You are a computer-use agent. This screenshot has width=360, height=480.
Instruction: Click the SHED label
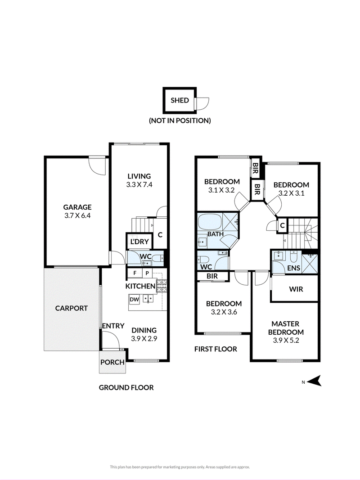tap(180, 100)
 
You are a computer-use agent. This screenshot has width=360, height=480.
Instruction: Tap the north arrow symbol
tap(314, 381)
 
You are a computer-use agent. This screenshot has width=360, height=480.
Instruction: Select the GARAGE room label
tap(77, 207)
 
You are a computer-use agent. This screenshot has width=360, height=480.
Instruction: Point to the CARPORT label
tap(72, 308)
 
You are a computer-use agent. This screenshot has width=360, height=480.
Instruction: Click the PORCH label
tap(112, 362)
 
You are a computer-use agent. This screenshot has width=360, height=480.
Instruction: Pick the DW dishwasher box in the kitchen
tap(135, 300)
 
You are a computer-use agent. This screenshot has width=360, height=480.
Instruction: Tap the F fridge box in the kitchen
tap(135, 273)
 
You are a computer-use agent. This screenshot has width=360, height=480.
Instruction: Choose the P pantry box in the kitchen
tap(147, 273)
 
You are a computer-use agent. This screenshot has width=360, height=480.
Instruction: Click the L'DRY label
tap(139, 242)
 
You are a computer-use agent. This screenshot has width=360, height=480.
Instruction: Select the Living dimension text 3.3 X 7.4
tap(139, 184)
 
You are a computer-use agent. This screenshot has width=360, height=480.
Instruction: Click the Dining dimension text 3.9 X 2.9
tap(144, 339)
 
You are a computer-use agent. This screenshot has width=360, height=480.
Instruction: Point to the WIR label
tap(296, 289)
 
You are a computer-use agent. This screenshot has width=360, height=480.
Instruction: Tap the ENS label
tap(293, 268)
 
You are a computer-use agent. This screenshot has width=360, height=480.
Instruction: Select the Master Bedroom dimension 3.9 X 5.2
tap(286, 340)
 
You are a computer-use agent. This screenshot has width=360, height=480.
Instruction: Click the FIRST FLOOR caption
tap(216, 349)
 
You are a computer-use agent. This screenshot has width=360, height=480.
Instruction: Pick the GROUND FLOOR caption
tap(126, 387)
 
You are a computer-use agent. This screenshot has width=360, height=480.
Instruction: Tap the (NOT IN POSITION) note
tap(180, 121)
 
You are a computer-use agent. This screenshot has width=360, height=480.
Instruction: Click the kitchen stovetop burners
tap(162, 286)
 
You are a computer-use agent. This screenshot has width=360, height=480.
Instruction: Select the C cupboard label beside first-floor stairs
tap(283, 226)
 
